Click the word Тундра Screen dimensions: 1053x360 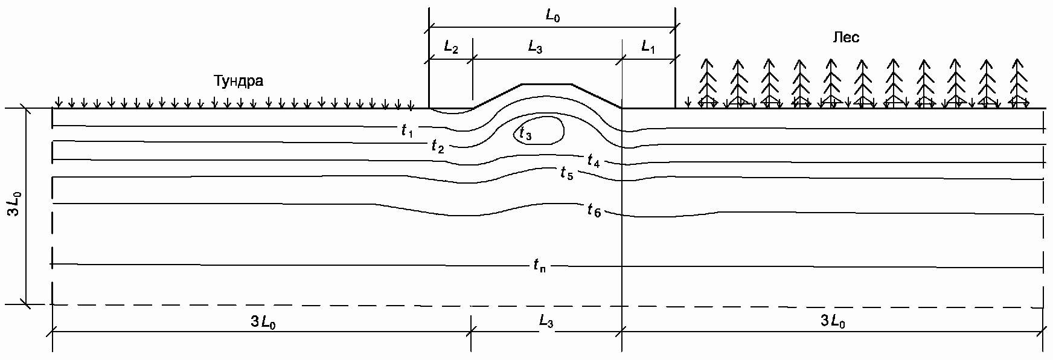238,81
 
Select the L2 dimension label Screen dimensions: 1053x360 451,47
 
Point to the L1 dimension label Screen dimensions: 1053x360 648,47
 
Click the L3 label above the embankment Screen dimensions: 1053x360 535,47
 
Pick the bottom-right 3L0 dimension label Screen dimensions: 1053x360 833,322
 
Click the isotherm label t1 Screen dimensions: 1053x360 407,130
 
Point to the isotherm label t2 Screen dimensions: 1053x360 438,146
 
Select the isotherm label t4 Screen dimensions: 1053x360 594,161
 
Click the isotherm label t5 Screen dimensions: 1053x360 566,175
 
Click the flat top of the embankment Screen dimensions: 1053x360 546,85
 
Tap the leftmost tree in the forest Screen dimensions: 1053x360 706,83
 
